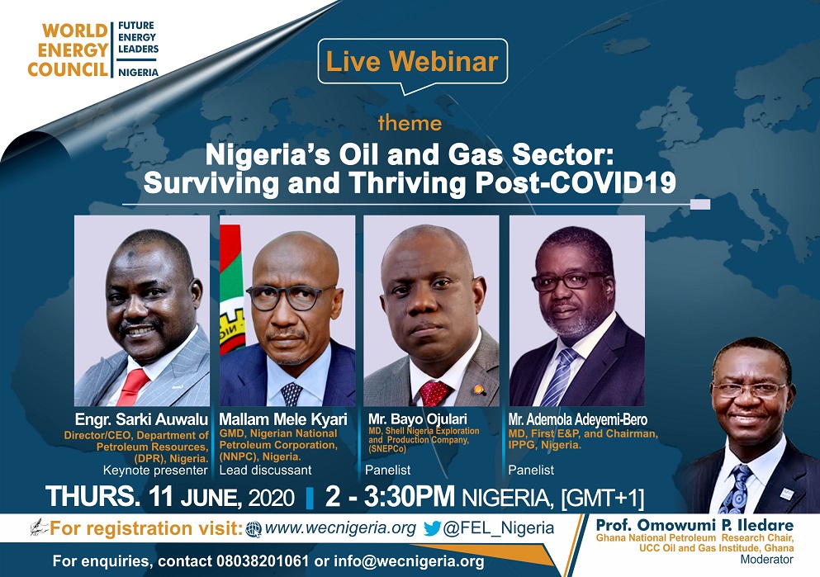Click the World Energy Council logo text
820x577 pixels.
pyautogui.click(x=69, y=50)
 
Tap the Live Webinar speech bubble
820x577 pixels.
pyautogui.click(x=413, y=62)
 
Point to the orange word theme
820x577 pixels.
pyautogui.click(x=410, y=123)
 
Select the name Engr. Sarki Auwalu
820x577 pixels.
pyautogui.click(x=142, y=419)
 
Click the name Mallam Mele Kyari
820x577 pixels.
pyautogui.click(x=283, y=419)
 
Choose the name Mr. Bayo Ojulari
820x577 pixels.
pyautogui.click(x=417, y=419)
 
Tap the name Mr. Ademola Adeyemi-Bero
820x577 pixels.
pyautogui.click(x=578, y=419)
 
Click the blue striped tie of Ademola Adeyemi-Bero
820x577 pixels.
pyautogui.click(x=560, y=377)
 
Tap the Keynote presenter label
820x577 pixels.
pyautogui.click(x=155, y=471)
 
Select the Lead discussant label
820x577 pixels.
pyautogui.click(x=265, y=471)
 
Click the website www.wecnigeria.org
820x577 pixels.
pyautogui.click(x=340, y=527)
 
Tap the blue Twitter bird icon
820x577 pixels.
pyautogui.click(x=432, y=528)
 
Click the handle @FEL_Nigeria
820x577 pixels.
pyautogui.click(x=499, y=528)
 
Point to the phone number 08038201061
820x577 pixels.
pyautogui.click(x=262, y=561)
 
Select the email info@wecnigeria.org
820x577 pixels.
pyautogui.click(x=409, y=561)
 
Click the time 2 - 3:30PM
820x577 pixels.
pyautogui.click(x=390, y=496)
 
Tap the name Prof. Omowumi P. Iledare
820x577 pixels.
pyautogui.click(x=694, y=525)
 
